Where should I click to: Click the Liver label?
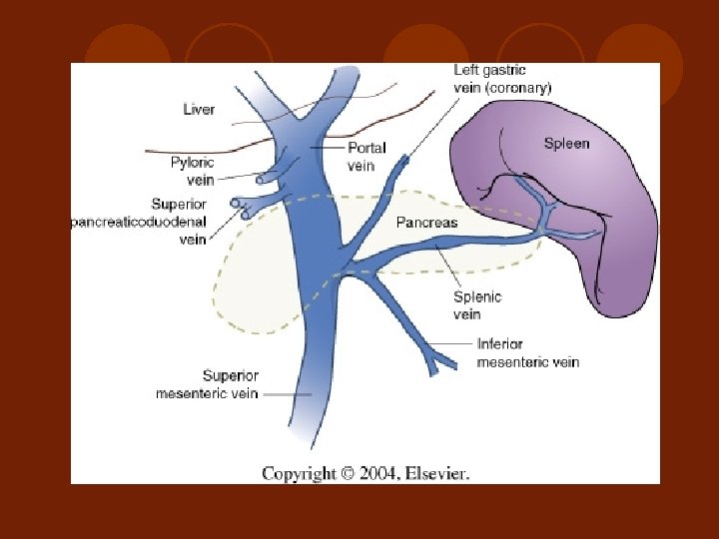pyautogui.click(x=199, y=109)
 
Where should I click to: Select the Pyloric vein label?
pyautogui.click(x=193, y=171)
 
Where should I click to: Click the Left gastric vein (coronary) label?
pyautogui.click(x=502, y=78)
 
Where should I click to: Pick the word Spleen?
pyautogui.click(x=566, y=143)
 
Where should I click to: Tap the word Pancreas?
pyautogui.click(x=426, y=222)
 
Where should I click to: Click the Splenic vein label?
pyautogui.click(x=477, y=305)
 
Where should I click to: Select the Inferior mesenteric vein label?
pyautogui.click(x=527, y=352)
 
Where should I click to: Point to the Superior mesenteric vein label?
pyautogui.click(x=207, y=384)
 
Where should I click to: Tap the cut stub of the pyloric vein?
pyautogui.click(x=263, y=179)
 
